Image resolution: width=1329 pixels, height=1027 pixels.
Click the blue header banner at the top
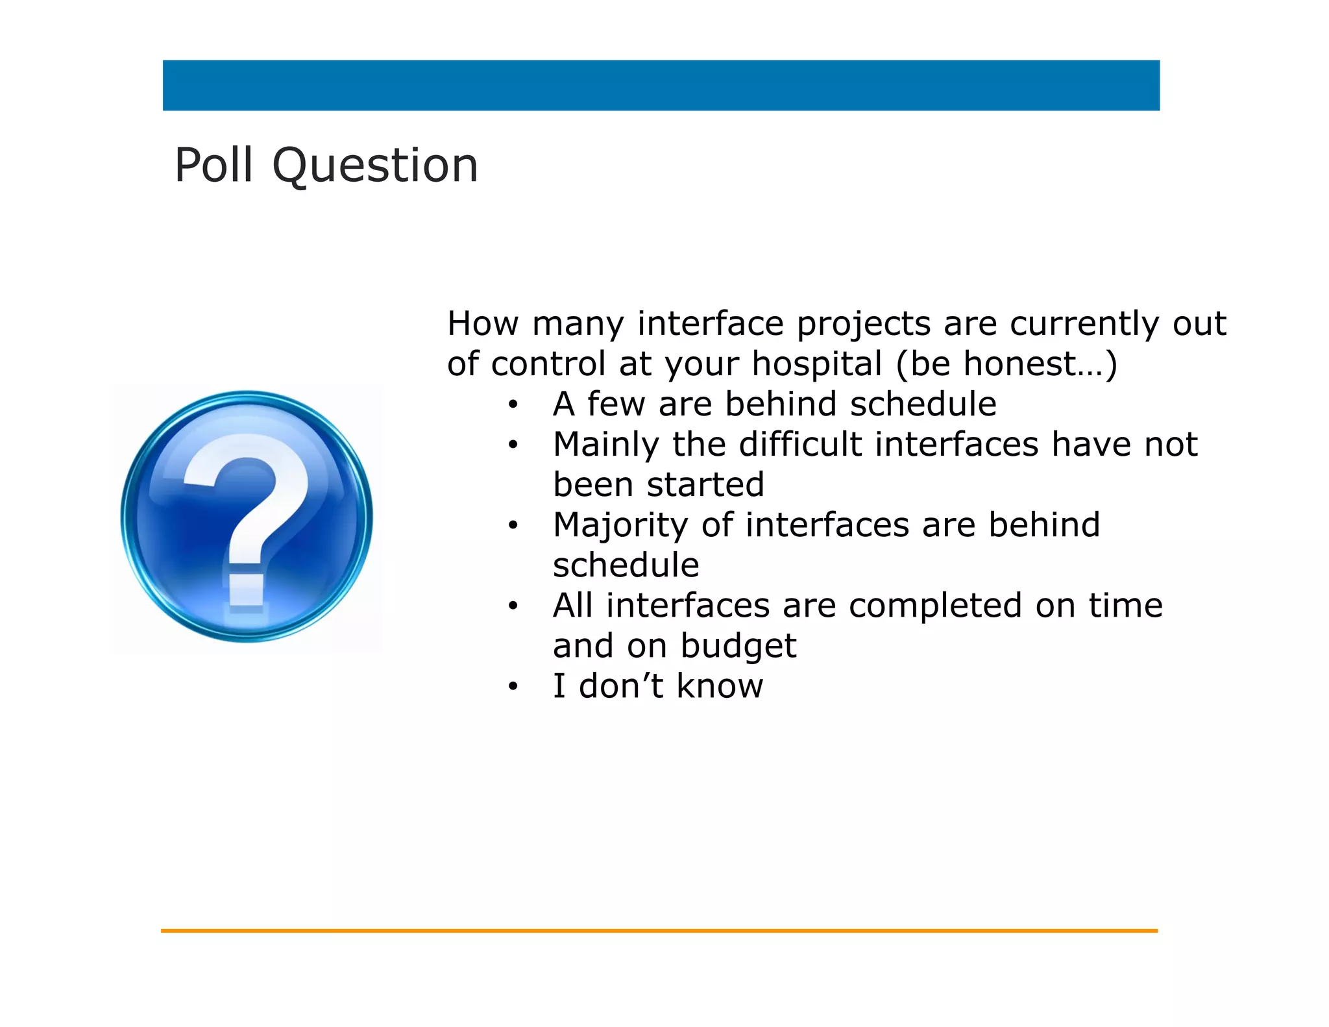tap(661, 86)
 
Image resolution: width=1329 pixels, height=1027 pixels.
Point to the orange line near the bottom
tap(659, 931)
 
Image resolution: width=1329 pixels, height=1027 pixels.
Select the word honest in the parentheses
tap(1018, 364)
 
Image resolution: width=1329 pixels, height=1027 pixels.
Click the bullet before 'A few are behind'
tap(513, 405)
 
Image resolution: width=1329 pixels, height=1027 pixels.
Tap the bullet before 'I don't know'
tap(513, 687)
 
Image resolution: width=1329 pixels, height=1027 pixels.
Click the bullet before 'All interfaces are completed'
tap(513, 606)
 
